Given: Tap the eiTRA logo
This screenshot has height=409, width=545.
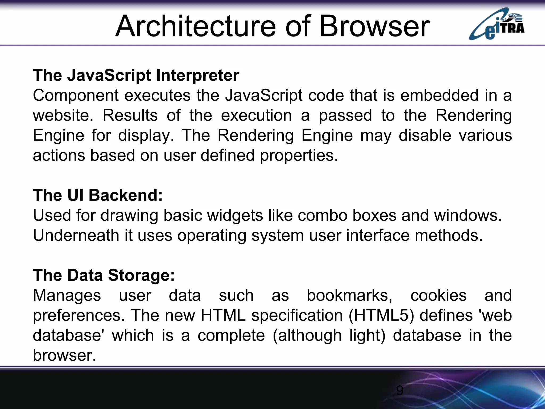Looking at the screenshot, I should pyautogui.click(x=497, y=24).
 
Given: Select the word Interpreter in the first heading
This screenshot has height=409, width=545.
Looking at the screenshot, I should pyautogui.click(x=197, y=75).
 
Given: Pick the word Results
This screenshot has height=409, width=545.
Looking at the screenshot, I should pyautogui.click(x=130, y=116).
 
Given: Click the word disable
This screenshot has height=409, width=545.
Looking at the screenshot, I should pyautogui.click(x=425, y=136).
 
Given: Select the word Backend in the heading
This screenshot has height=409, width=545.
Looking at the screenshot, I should pyautogui.click(x=126, y=195).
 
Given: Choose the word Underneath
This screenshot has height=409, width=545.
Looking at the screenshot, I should pyautogui.click(x=76, y=235).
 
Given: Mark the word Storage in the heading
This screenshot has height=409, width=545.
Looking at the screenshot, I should pyautogui.click(x=141, y=275).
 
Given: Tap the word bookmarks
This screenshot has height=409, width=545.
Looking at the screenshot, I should pyautogui.click(x=349, y=296).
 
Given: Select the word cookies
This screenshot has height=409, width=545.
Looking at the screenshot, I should pyautogui.click(x=438, y=295).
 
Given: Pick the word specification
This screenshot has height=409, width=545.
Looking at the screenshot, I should pyautogui.click(x=297, y=316).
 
